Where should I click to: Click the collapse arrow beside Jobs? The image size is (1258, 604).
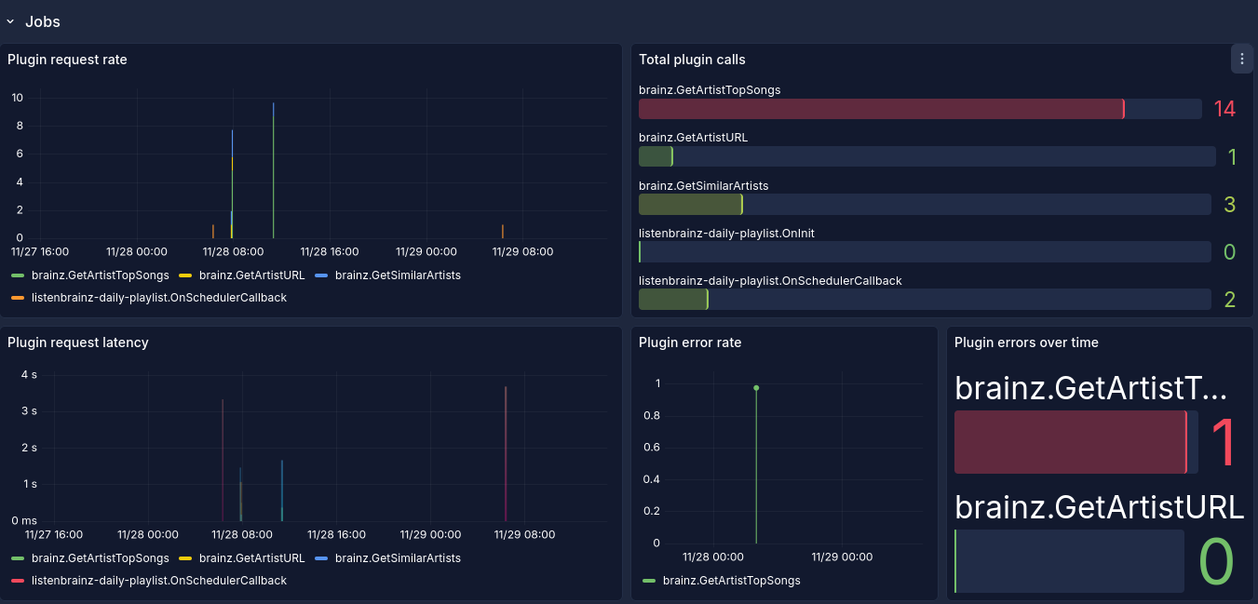coord(10,22)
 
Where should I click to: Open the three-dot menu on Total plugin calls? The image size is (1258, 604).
coord(1242,59)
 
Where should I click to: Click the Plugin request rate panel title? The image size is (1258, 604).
coord(67,60)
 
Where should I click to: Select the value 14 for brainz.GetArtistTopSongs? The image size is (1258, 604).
coord(1224,109)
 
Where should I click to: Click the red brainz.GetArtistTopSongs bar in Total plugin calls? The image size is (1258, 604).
coord(882,109)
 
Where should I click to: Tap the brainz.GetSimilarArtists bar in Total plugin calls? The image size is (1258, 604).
coord(691,205)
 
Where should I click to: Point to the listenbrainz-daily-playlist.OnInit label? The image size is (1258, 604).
coord(726,233)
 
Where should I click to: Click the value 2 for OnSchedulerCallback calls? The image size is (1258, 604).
coord(1229,299)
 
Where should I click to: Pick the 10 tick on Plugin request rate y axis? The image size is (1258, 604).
coord(18,98)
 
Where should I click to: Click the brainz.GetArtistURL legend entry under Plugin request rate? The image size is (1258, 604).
coord(242,275)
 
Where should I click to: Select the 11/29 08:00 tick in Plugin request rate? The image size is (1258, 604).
coord(522,251)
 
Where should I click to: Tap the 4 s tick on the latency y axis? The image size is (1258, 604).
coord(29,374)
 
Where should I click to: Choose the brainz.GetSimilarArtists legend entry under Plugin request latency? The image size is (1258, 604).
coord(388,558)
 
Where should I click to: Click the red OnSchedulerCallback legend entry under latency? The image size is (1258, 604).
coord(149,581)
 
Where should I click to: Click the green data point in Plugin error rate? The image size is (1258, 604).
coord(756,388)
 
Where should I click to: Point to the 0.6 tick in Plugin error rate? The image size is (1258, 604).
coord(652,448)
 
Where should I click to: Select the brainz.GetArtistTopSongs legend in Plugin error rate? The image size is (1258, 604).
coord(722,581)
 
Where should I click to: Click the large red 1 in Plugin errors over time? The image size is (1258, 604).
coord(1223,442)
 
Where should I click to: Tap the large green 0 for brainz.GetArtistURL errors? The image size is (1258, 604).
coord(1216,561)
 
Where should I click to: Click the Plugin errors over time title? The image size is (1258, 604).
coord(1026,342)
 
